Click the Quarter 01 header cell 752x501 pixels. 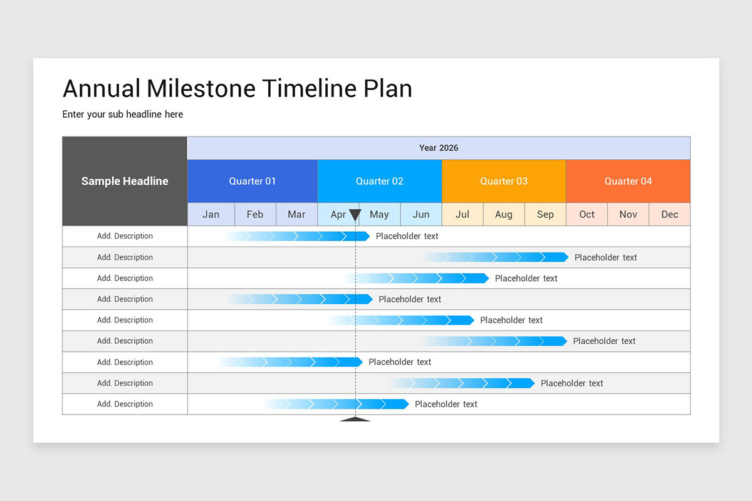coord(253,181)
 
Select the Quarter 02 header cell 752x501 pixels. coord(380,181)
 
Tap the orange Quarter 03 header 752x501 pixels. coord(504,181)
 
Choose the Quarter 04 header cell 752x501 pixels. coord(628,181)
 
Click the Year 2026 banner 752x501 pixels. coord(439,148)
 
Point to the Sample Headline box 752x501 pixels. coord(125,181)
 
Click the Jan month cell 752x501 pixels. coord(211,214)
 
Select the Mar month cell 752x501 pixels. coord(296,214)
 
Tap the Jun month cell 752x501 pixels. coord(421,214)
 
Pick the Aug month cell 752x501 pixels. coord(504,214)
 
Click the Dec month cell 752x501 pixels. coord(669,214)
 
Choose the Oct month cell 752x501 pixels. coord(587,214)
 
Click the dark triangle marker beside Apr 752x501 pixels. coord(355,215)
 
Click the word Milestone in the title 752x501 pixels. coord(201,88)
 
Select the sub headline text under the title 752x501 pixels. coord(123,114)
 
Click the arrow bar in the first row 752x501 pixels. coord(298,236)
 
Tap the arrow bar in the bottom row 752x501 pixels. coord(337,404)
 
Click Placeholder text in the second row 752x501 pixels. coord(605,257)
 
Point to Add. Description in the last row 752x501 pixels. coord(125,404)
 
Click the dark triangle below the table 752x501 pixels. coord(355,419)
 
